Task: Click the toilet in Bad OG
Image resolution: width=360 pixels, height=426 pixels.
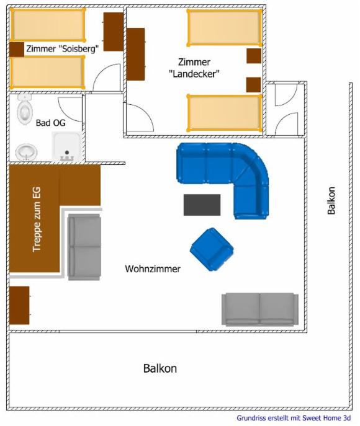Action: [25, 109]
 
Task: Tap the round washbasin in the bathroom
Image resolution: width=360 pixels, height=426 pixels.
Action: [26, 152]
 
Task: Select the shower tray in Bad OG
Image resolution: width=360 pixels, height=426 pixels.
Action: [67, 146]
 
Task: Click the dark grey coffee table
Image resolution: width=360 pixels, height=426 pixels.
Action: [202, 205]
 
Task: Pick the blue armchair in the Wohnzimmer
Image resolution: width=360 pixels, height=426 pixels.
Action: [212, 249]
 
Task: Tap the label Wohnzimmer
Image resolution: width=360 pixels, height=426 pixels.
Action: [153, 269]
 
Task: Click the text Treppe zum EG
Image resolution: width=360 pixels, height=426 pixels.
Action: [37, 220]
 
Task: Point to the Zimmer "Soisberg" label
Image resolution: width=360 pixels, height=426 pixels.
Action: [62, 49]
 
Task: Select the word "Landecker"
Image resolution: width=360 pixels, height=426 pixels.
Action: [194, 74]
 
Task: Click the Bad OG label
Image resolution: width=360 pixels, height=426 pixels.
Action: [50, 123]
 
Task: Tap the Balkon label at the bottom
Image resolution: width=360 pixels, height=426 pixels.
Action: [160, 368]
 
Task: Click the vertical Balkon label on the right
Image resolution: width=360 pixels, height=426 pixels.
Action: [331, 200]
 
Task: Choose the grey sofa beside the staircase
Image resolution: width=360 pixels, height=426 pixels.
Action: [84, 247]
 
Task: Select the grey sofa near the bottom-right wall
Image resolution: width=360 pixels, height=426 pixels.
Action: [260, 309]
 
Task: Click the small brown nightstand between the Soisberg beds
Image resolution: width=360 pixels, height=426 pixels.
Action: [17, 50]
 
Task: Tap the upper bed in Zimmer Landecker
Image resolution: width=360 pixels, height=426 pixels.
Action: [224, 28]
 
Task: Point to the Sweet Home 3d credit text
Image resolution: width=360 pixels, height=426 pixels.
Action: [294, 418]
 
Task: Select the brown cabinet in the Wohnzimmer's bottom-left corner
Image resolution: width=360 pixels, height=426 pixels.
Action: [19, 305]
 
